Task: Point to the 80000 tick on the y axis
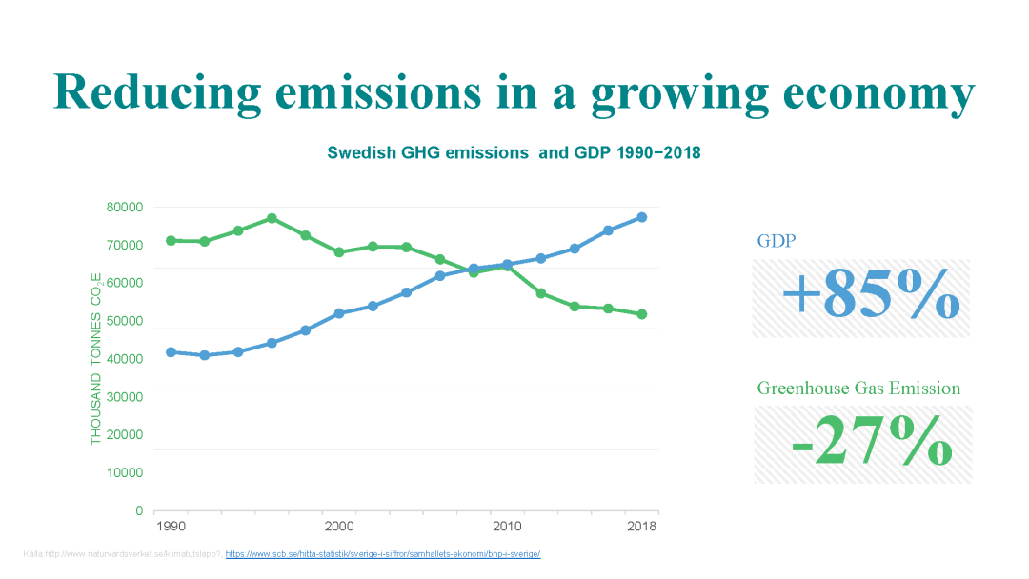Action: [x=124, y=208]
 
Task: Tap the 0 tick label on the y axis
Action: [x=138, y=511]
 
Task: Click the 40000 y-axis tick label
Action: [x=124, y=359]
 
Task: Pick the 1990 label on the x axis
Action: [x=171, y=527]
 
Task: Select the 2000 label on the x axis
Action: [x=339, y=527]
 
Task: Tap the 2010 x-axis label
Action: [x=507, y=527]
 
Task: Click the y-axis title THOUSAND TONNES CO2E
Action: [x=96, y=358]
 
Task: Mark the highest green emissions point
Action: [x=272, y=218]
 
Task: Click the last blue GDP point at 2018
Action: [x=642, y=217]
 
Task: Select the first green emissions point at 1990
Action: [x=171, y=240]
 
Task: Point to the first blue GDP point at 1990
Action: [x=171, y=352]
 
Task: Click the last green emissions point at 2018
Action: [x=642, y=314]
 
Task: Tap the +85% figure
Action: [x=870, y=293]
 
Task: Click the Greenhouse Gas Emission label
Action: [x=858, y=389]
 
